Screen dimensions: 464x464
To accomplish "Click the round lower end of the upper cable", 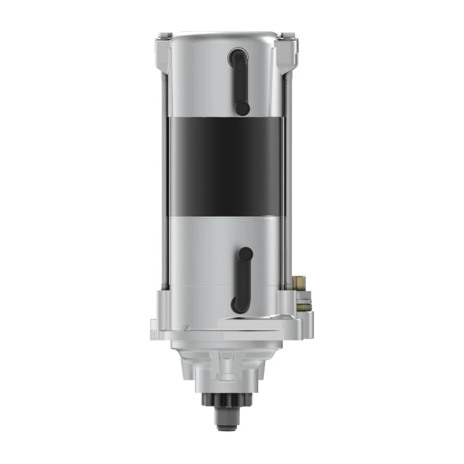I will click(x=242, y=108).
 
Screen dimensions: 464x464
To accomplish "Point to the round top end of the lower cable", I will click(x=246, y=253).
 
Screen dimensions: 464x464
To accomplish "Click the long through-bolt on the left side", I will click(x=164, y=174).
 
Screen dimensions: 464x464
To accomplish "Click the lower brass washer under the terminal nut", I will click(x=305, y=302).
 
